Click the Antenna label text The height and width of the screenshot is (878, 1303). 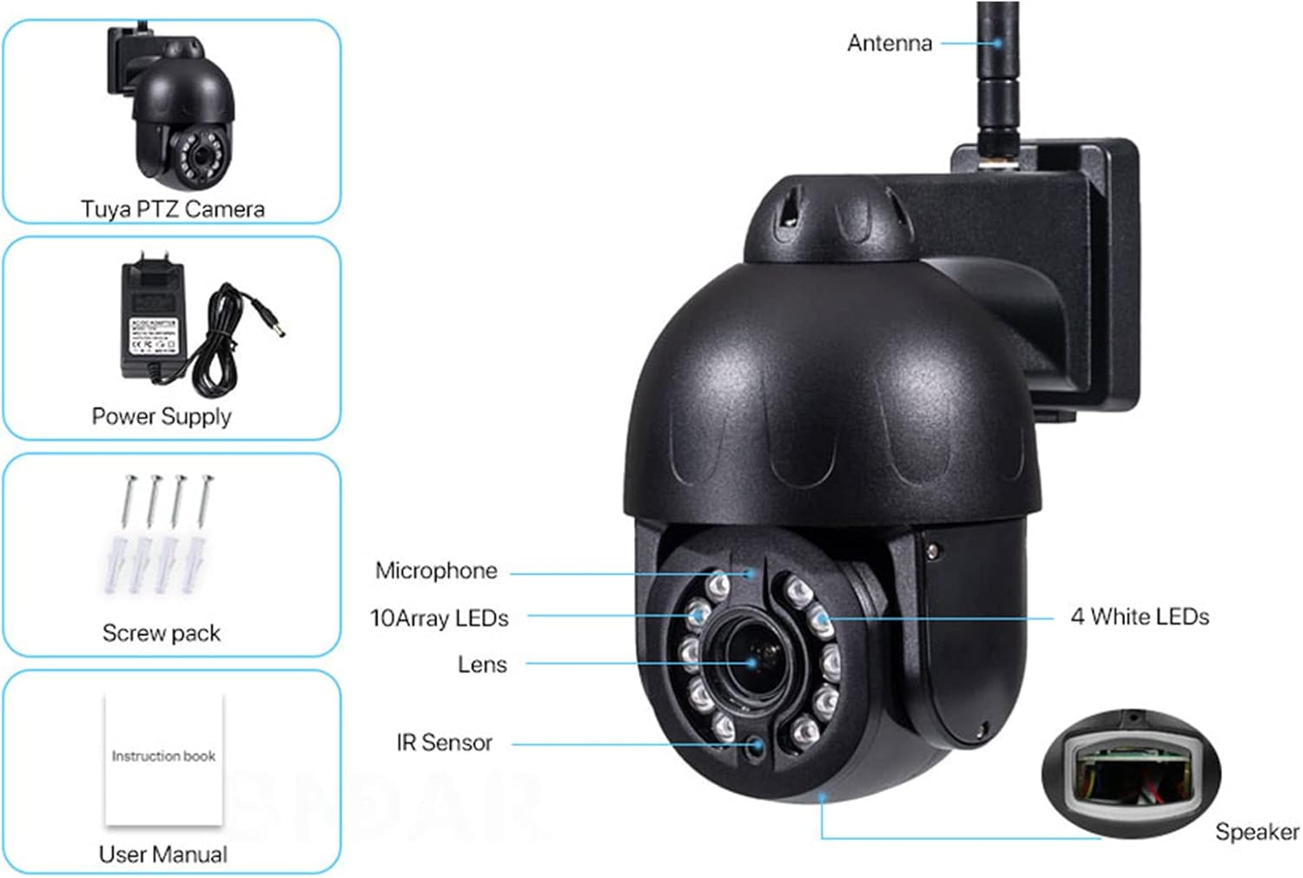click(889, 43)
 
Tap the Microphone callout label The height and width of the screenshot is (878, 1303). click(436, 571)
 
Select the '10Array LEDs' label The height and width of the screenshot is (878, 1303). click(440, 617)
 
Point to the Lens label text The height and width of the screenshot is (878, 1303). click(482, 664)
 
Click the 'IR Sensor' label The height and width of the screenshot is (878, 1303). click(444, 743)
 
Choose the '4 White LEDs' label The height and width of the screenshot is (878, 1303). click(1140, 617)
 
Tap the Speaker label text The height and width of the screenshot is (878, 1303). click(1256, 832)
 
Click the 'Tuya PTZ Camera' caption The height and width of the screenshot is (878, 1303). click(172, 208)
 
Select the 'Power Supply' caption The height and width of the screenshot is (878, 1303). click(162, 416)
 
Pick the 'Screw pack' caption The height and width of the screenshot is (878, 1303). click(162, 633)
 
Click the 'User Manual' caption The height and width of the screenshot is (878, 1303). click(163, 855)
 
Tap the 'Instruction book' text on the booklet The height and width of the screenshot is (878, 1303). click(163, 756)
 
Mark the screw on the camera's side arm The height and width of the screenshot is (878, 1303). click(933, 551)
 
